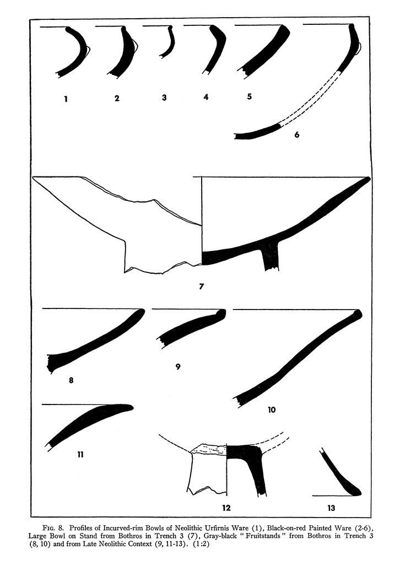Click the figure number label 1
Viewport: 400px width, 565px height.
(x=66, y=98)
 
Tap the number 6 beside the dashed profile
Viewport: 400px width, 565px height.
(x=297, y=135)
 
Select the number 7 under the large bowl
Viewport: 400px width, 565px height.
(x=202, y=286)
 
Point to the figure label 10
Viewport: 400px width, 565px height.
(x=272, y=409)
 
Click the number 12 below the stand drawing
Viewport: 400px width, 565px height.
(x=226, y=508)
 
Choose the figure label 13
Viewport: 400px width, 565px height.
(x=331, y=508)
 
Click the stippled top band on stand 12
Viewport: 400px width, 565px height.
(x=209, y=449)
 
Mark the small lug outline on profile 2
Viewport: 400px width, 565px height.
(x=135, y=46)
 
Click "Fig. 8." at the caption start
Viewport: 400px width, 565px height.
(x=53, y=528)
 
